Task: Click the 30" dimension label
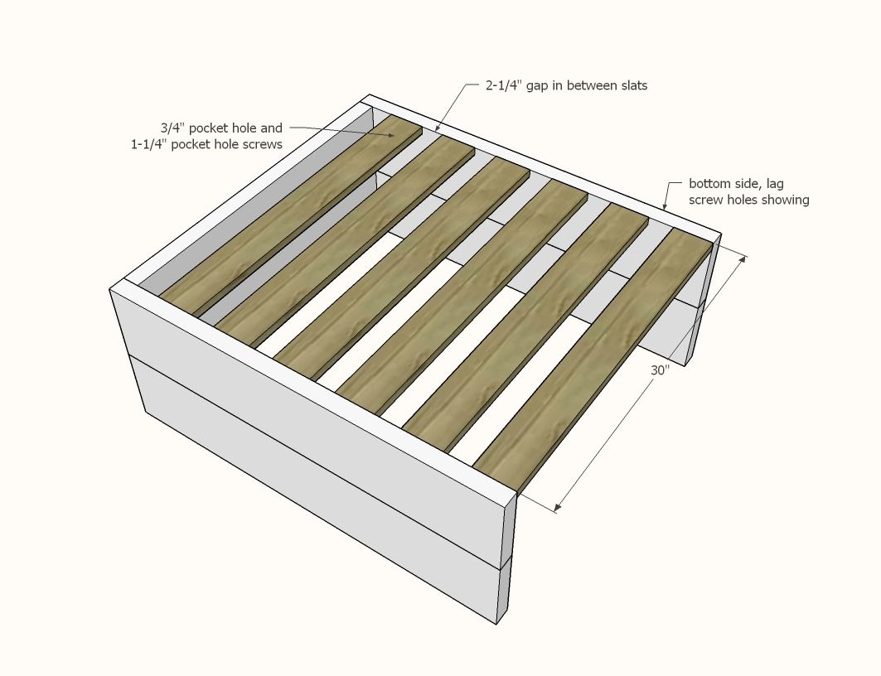coord(661,370)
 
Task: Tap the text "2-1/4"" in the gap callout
coord(503,85)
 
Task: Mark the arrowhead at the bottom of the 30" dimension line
coord(558,508)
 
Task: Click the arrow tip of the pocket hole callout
coord(395,135)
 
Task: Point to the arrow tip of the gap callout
coord(437,130)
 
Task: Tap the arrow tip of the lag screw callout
coord(665,208)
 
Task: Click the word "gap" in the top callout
coord(538,86)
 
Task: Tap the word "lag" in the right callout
coord(774,184)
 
